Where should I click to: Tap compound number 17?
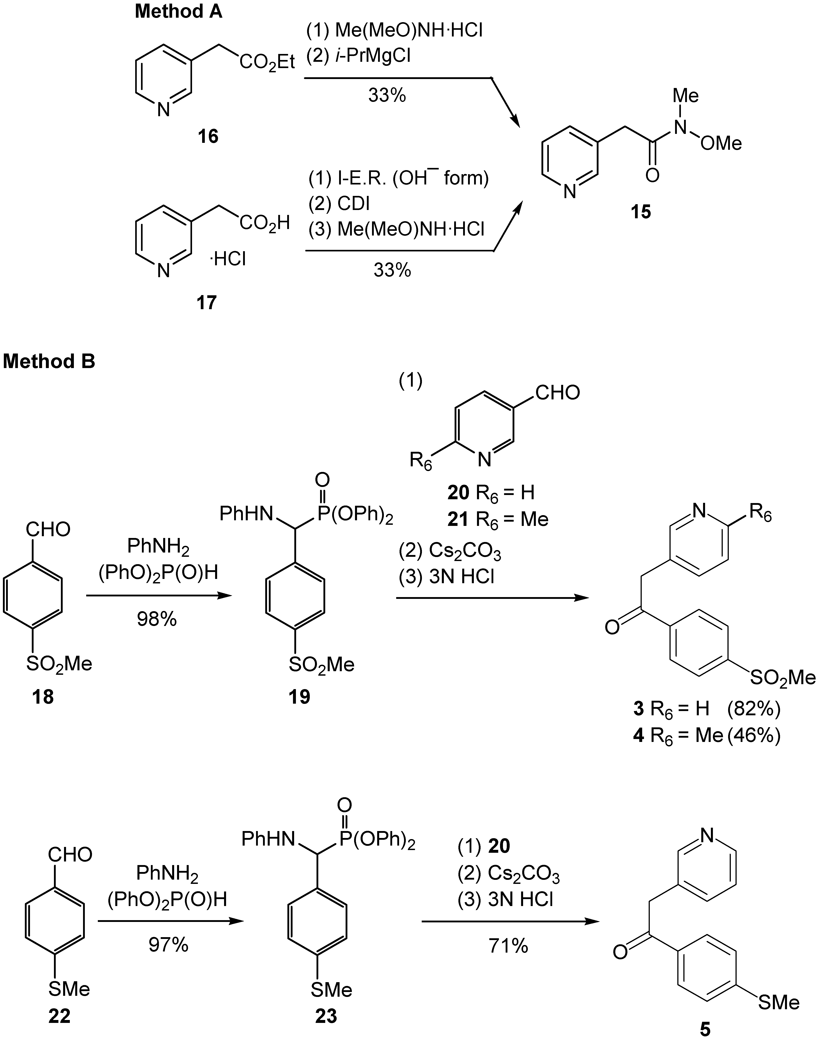click(x=207, y=303)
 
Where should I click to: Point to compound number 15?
click(x=641, y=212)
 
